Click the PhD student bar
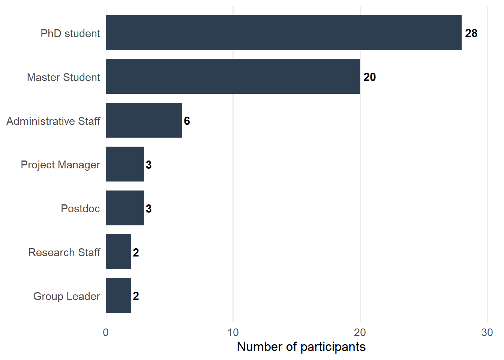[x=283, y=33]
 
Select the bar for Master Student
[x=232, y=76]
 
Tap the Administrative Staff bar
[x=144, y=120]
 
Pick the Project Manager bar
[x=125, y=164]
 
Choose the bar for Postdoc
[x=125, y=208]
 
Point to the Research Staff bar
[x=118, y=252]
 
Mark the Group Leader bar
[x=118, y=296]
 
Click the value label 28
[x=471, y=33]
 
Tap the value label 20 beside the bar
[x=369, y=77]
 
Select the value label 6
[x=187, y=121]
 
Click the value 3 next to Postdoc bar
[x=148, y=209]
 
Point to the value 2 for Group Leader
[x=136, y=296]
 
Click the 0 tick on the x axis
[x=106, y=332]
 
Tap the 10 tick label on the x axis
[x=233, y=332]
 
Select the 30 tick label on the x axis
[x=487, y=332]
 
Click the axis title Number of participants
[x=301, y=347]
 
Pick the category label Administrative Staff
[x=53, y=121]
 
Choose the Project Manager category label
[x=60, y=165]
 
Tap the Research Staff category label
[x=64, y=252]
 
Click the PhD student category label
[x=70, y=33]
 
